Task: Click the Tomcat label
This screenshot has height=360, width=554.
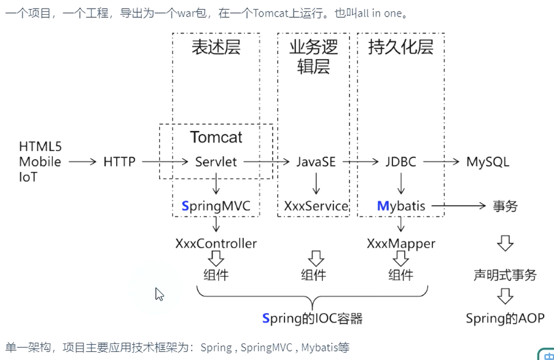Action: click(216, 137)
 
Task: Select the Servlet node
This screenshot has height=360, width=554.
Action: click(216, 162)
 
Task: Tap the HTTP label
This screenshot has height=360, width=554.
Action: click(119, 162)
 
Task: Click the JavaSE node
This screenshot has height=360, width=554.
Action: click(316, 162)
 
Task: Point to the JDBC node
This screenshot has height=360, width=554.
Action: click(400, 162)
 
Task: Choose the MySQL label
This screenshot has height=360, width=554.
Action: click(488, 162)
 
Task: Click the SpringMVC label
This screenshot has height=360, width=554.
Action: click(216, 206)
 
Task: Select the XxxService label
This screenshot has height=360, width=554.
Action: click(316, 206)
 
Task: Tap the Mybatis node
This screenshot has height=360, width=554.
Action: click(401, 206)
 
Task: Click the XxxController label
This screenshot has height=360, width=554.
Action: click(216, 243)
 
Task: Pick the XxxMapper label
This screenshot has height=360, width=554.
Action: click(401, 243)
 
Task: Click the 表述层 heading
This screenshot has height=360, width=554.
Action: click(216, 48)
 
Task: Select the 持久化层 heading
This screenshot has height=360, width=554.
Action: click(400, 48)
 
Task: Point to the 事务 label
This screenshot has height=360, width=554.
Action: click(505, 206)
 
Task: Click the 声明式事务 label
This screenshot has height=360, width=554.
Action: click(505, 275)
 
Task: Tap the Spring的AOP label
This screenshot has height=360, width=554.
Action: click(505, 318)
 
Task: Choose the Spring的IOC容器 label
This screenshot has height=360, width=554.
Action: click(313, 318)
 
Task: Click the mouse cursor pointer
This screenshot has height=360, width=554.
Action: click(159, 294)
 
